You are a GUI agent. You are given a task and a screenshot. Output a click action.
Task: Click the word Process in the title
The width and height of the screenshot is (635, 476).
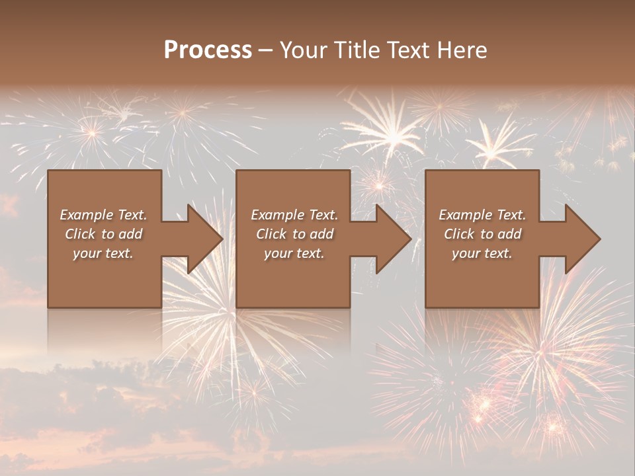coord(208,50)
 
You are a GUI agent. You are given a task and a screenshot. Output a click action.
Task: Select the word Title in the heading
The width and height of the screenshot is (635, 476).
coord(358,50)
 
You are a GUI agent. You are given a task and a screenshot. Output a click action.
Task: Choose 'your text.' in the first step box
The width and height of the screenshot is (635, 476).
coord(103,253)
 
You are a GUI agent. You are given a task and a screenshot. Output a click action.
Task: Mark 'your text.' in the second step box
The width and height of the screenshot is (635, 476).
coord(294,253)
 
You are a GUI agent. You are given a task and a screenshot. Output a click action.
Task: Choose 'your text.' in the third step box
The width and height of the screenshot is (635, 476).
coord(482,253)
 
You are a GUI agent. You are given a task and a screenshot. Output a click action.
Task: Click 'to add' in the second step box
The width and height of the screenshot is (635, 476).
coord(313,234)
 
